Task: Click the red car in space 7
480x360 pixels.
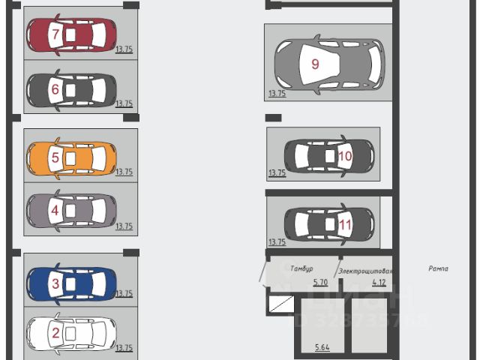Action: coord(71,34)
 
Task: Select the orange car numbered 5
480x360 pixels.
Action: coord(71,158)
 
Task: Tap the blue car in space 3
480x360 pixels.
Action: coord(71,283)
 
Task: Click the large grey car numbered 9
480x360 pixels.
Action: coord(328,64)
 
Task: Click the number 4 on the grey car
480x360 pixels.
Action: coord(55,211)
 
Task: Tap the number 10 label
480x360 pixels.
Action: coord(345,156)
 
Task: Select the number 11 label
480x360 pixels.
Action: coord(345,223)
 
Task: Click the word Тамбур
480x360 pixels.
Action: coord(301,268)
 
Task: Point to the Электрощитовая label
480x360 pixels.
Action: coord(365,271)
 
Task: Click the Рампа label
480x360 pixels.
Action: coord(439,268)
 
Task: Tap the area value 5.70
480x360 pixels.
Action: coord(321,283)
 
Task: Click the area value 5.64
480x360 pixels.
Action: coord(322,347)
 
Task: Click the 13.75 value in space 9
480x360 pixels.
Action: coord(277,94)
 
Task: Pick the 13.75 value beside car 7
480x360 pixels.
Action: coord(124,49)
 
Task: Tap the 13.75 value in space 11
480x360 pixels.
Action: coord(277,241)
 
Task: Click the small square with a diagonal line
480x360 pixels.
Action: coord(281,303)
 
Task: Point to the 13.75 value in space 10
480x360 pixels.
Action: coord(277,173)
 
